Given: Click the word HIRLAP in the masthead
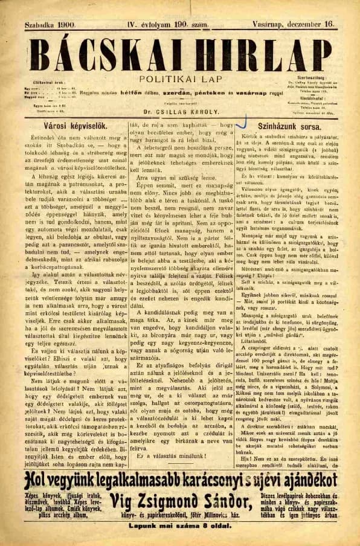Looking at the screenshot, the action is (x=254, y=54).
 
